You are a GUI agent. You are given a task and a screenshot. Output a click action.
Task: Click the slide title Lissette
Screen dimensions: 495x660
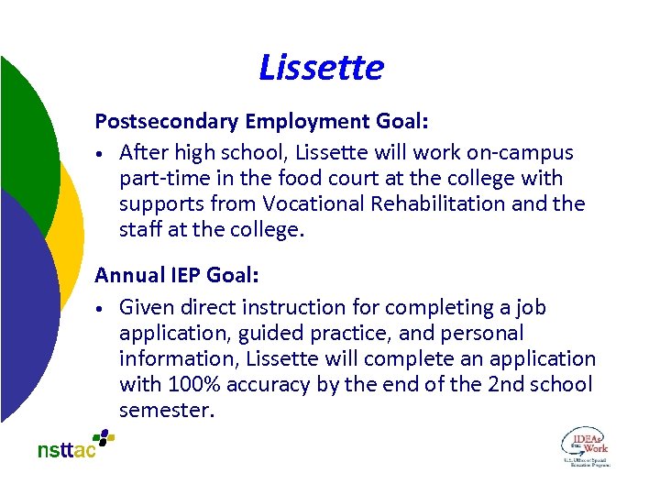pyautogui.click(x=321, y=67)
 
